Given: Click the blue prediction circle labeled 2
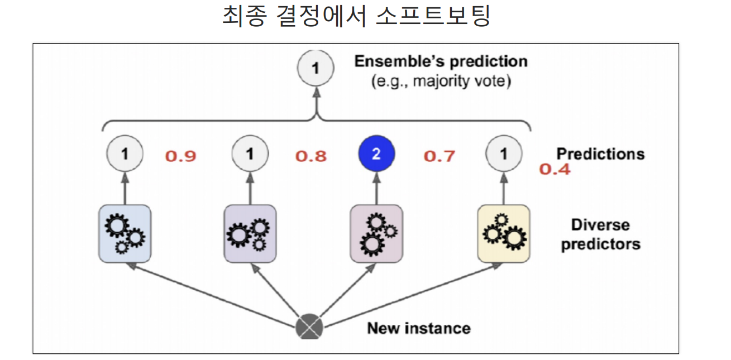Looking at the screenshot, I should click(376, 154).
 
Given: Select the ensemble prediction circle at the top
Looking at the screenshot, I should click(316, 69).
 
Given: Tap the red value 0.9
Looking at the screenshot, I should click(180, 156).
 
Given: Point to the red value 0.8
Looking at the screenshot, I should click(311, 156).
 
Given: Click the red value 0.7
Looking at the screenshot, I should click(439, 156).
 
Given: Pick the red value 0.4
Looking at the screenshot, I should click(555, 169).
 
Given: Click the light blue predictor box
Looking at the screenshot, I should click(125, 233).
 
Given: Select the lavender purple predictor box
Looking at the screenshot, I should click(250, 233).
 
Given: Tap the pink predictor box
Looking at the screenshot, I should click(376, 233).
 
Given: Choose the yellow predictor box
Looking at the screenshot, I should click(504, 233).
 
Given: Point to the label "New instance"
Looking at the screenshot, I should click(418, 328).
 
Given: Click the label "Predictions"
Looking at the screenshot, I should click(600, 153).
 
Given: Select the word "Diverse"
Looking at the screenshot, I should click(600, 225).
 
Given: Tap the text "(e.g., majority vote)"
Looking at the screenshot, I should click(440, 81).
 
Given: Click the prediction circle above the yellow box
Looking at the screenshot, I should click(504, 154).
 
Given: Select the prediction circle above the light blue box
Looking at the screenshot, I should click(125, 154).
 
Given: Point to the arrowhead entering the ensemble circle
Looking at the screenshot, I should click(316, 92).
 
